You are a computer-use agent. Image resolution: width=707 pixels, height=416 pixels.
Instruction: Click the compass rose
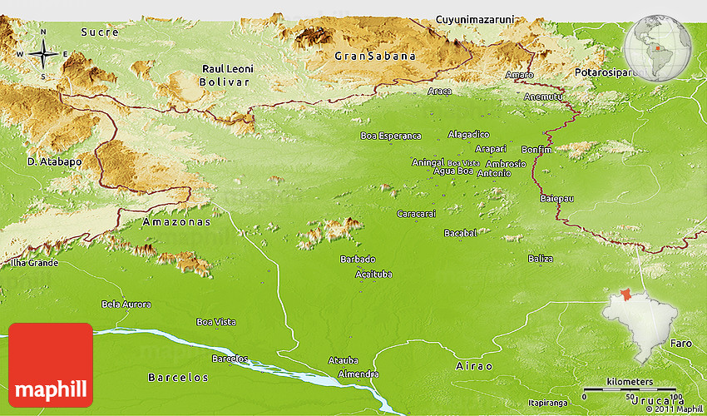coord(42,54)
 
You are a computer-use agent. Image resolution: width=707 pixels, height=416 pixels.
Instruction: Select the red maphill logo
coord(51,364)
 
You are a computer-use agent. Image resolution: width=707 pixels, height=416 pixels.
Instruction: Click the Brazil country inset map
coord(640,324)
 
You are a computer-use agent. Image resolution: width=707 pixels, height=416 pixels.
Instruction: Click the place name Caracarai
coord(416,214)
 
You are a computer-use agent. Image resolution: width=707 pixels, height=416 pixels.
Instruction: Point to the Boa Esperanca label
coord(390,136)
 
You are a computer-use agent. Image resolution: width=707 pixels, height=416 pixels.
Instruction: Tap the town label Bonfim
coord(534,149)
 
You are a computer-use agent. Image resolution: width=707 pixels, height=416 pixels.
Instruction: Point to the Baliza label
coord(540,259)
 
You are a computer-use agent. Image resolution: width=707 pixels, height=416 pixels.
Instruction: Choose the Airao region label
coord(474,366)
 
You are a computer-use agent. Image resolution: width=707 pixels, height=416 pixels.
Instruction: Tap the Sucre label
coord(100,32)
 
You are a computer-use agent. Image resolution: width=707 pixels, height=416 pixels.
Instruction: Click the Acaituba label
coord(373,274)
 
